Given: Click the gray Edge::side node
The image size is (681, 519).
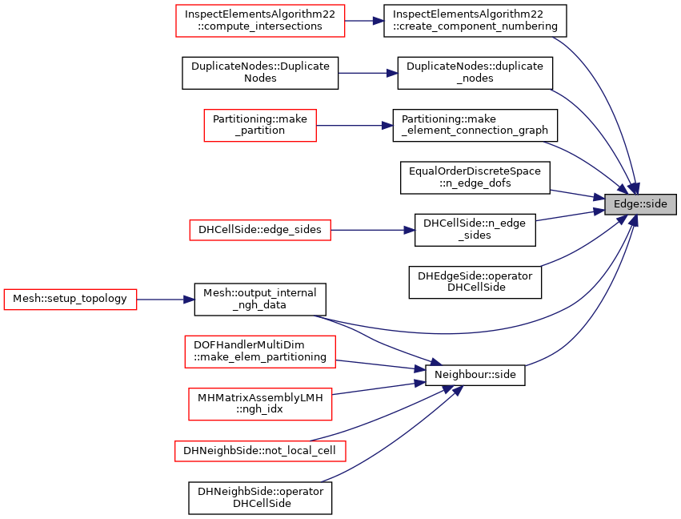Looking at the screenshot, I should (640, 204).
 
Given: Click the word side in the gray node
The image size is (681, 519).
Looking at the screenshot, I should (655, 204).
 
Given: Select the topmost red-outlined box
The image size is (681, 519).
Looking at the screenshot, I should (260, 21).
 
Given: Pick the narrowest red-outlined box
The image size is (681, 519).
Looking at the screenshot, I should (260, 126).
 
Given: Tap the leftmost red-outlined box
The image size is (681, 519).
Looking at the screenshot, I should (70, 300).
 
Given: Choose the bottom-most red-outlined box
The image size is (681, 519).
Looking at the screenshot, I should (260, 451).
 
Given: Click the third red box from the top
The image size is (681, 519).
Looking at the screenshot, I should (260, 231).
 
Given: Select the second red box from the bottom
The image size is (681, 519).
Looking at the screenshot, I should (260, 404).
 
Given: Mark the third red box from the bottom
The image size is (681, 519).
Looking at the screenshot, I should (260, 352).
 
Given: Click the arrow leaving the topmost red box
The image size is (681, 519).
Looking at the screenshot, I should (364, 21).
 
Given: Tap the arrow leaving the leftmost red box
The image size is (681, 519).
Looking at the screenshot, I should (165, 300).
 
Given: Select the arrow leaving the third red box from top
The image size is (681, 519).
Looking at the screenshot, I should (372, 230).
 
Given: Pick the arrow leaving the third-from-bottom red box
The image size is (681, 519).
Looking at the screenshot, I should (380, 365).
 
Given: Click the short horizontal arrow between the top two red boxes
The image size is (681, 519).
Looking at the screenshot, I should (367, 73).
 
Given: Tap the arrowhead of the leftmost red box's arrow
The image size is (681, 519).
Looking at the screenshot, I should (190, 300).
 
